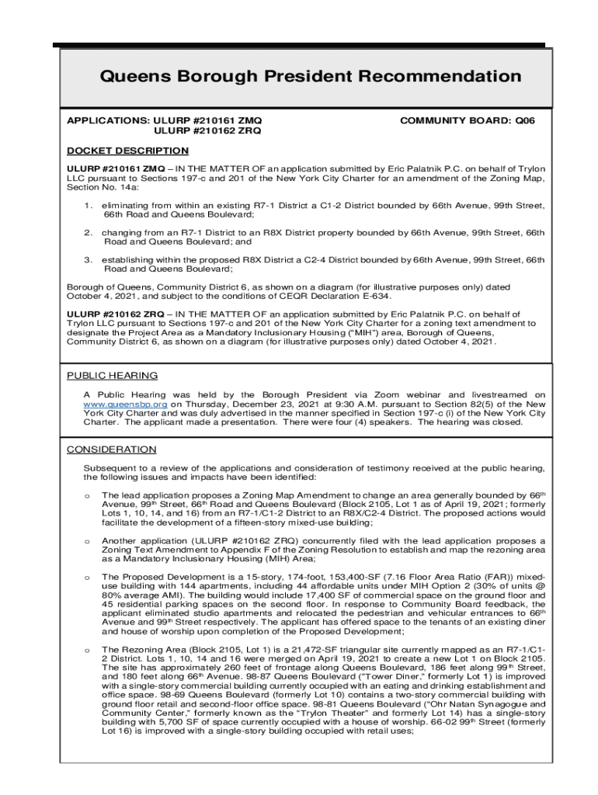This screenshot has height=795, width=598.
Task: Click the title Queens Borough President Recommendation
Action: (310, 76)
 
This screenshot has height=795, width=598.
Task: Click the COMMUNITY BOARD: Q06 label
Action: (467, 121)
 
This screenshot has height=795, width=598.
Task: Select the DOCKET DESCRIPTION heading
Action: (127, 151)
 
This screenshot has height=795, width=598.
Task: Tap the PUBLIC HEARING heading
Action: (112, 376)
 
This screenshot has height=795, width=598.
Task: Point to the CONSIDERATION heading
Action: (111, 450)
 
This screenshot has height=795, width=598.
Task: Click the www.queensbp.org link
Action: (125, 404)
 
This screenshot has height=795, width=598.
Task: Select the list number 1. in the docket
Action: (89, 206)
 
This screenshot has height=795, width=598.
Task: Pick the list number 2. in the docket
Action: (89, 232)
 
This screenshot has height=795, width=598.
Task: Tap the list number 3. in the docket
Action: (89, 259)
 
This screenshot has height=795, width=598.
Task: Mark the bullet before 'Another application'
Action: (88, 540)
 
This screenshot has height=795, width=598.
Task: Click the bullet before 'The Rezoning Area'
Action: (88, 649)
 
